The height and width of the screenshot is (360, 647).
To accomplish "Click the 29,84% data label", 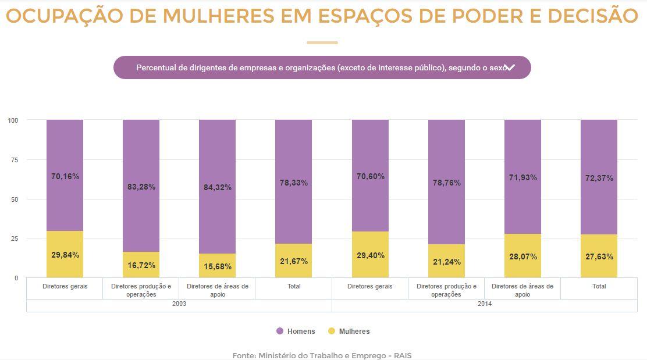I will point(65,255).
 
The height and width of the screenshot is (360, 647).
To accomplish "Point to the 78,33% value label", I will point(294,183).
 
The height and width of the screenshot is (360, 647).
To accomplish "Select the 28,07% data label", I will point(522,256).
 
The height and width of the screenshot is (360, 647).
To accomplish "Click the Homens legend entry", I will point(296,332).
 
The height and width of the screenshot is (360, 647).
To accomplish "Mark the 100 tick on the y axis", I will point(13,120).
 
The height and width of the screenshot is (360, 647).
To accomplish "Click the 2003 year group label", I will point(179,304).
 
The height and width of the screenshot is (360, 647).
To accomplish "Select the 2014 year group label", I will point(484,304).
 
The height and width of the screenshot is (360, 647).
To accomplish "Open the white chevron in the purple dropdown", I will point(510,67).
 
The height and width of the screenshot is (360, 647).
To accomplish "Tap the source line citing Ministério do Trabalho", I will point(322,355).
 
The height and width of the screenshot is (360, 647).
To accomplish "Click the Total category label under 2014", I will point(599,286).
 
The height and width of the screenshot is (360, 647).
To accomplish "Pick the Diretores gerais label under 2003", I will point(65,286).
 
